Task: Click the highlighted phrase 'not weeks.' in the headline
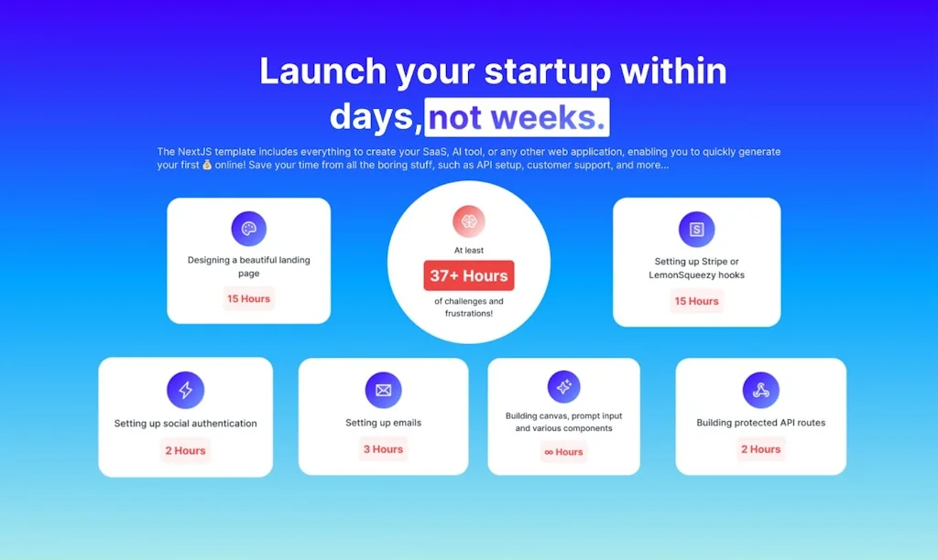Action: pyautogui.click(x=517, y=117)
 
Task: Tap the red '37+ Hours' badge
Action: pyautogui.click(x=469, y=275)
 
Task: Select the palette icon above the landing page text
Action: pyautogui.click(x=248, y=229)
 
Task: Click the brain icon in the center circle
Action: pyautogui.click(x=469, y=221)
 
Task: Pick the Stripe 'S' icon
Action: pyautogui.click(x=696, y=229)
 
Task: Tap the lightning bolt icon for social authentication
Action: pyautogui.click(x=185, y=391)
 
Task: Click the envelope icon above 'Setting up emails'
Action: pyautogui.click(x=383, y=391)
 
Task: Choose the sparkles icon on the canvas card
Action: pyautogui.click(x=563, y=388)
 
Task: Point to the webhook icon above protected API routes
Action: pyautogui.click(x=760, y=391)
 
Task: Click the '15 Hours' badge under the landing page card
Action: pyautogui.click(x=248, y=298)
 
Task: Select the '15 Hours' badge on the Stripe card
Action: pyautogui.click(x=696, y=301)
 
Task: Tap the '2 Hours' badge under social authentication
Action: pyautogui.click(x=185, y=450)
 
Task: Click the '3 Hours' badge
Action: pyautogui.click(x=383, y=449)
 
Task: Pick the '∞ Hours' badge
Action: pyautogui.click(x=563, y=451)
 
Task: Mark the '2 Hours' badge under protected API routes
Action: pyautogui.click(x=760, y=449)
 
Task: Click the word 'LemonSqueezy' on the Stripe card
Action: pyautogui.click(x=682, y=275)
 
